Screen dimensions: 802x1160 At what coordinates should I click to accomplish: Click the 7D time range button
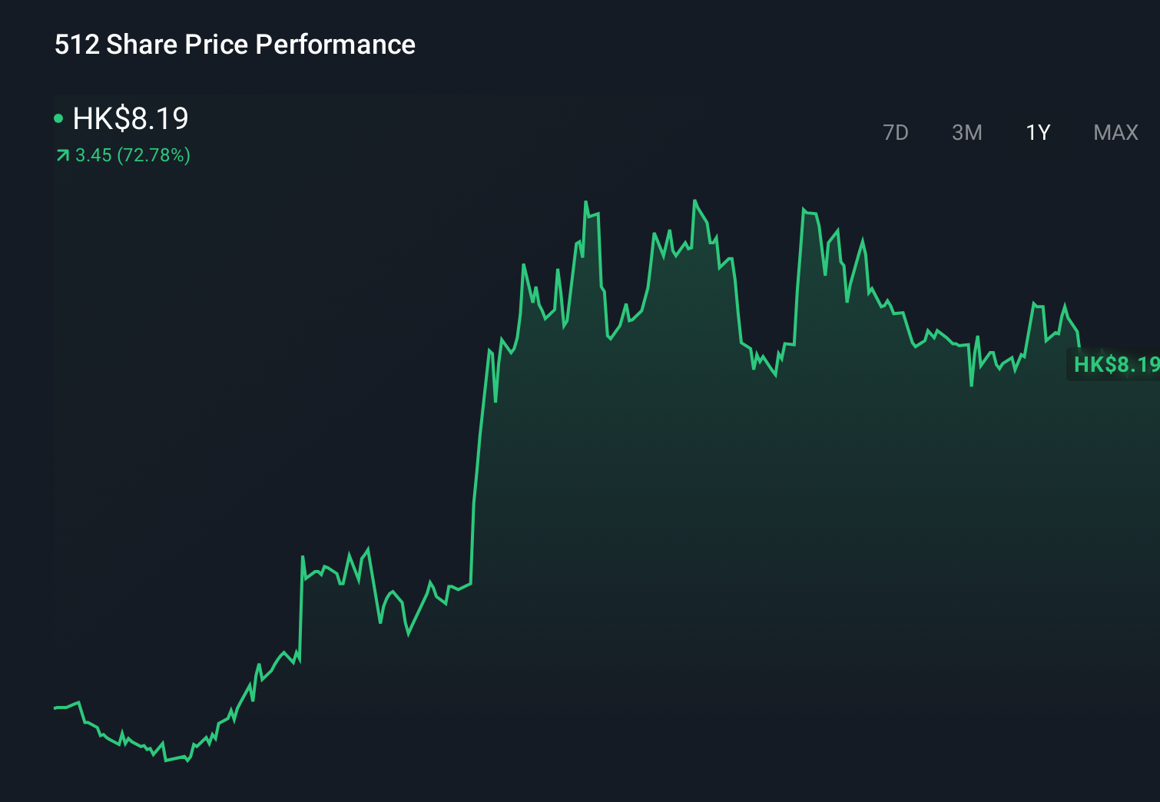[x=895, y=133]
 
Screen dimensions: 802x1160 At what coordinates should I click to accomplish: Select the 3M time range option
[x=966, y=133]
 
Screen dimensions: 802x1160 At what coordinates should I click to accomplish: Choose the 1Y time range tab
[x=1038, y=133]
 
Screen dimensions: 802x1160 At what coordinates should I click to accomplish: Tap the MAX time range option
[x=1115, y=133]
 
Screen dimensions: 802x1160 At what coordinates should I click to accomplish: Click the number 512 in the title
[x=77, y=45]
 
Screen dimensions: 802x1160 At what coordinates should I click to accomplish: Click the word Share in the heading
[x=142, y=45]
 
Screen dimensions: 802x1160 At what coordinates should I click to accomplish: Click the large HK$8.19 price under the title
[x=131, y=118]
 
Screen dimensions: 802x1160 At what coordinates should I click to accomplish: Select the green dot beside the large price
[x=58, y=118]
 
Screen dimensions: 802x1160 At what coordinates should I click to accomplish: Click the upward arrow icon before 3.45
[x=63, y=156]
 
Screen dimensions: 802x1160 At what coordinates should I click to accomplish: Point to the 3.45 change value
[x=94, y=155]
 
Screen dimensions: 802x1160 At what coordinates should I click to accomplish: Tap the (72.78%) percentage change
[x=154, y=155]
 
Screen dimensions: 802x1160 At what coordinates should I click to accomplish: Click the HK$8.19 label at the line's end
[x=1115, y=364]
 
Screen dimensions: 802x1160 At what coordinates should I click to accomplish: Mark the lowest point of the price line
[x=166, y=761]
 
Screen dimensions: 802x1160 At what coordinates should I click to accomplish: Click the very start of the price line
[x=55, y=708]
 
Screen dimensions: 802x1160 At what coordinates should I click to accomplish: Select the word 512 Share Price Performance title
[x=234, y=45]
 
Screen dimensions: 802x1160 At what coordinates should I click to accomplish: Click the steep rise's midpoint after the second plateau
[x=477, y=461]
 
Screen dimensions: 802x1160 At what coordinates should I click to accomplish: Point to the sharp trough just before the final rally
[x=972, y=384]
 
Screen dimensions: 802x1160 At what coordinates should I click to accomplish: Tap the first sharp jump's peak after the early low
[x=303, y=557]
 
